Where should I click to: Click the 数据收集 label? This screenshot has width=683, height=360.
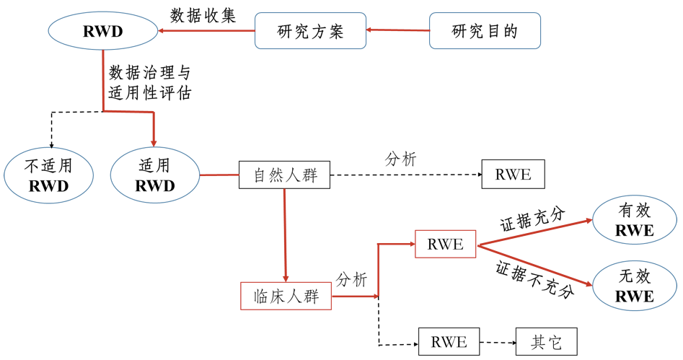[203, 16]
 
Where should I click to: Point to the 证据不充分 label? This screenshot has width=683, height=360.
[534, 278]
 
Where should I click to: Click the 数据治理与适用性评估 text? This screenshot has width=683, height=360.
[149, 82]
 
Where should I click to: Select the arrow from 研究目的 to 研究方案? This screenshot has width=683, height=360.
[397, 30]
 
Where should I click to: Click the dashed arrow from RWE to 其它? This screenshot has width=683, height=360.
[498, 342]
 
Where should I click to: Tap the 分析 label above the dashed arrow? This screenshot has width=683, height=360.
[400, 159]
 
